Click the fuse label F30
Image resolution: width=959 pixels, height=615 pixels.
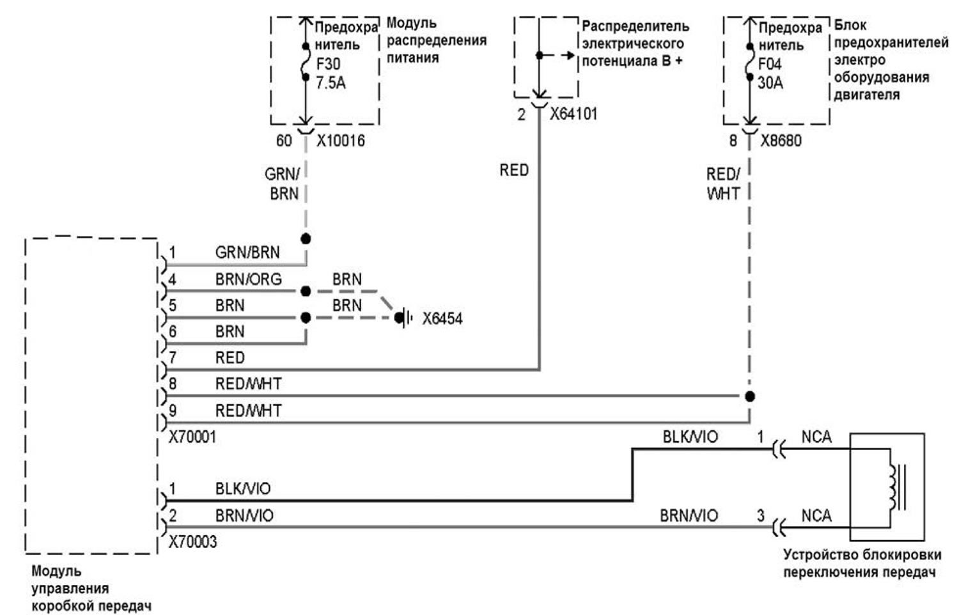[328, 64]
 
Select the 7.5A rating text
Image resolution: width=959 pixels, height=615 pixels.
[331, 83]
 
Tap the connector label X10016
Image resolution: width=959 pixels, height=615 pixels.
[341, 141]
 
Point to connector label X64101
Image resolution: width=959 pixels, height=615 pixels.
[573, 114]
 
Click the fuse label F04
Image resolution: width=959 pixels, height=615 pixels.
[770, 64]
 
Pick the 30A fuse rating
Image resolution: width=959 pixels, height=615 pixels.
[770, 83]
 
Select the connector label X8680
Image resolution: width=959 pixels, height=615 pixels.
[781, 141]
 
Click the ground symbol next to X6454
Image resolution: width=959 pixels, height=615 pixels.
[403, 318]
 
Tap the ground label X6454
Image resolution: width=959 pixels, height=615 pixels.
[442, 319]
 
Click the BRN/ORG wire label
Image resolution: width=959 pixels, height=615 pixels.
[248, 279]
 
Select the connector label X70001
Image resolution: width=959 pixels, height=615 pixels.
[192, 437]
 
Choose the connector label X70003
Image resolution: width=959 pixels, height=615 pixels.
[192, 542]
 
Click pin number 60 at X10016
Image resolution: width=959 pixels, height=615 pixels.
[284, 141]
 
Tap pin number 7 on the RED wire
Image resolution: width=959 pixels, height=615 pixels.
[173, 357]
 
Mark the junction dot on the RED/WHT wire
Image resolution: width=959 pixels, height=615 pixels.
[750, 397]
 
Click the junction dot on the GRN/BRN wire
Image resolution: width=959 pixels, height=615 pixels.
[306, 239]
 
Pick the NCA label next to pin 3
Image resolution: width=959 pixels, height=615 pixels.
[816, 516]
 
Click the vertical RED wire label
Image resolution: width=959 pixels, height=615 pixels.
[514, 170]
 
